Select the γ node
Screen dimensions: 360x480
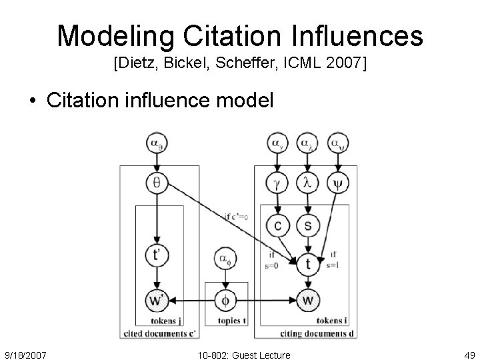tap(277, 181)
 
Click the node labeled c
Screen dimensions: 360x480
tap(277, 226)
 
